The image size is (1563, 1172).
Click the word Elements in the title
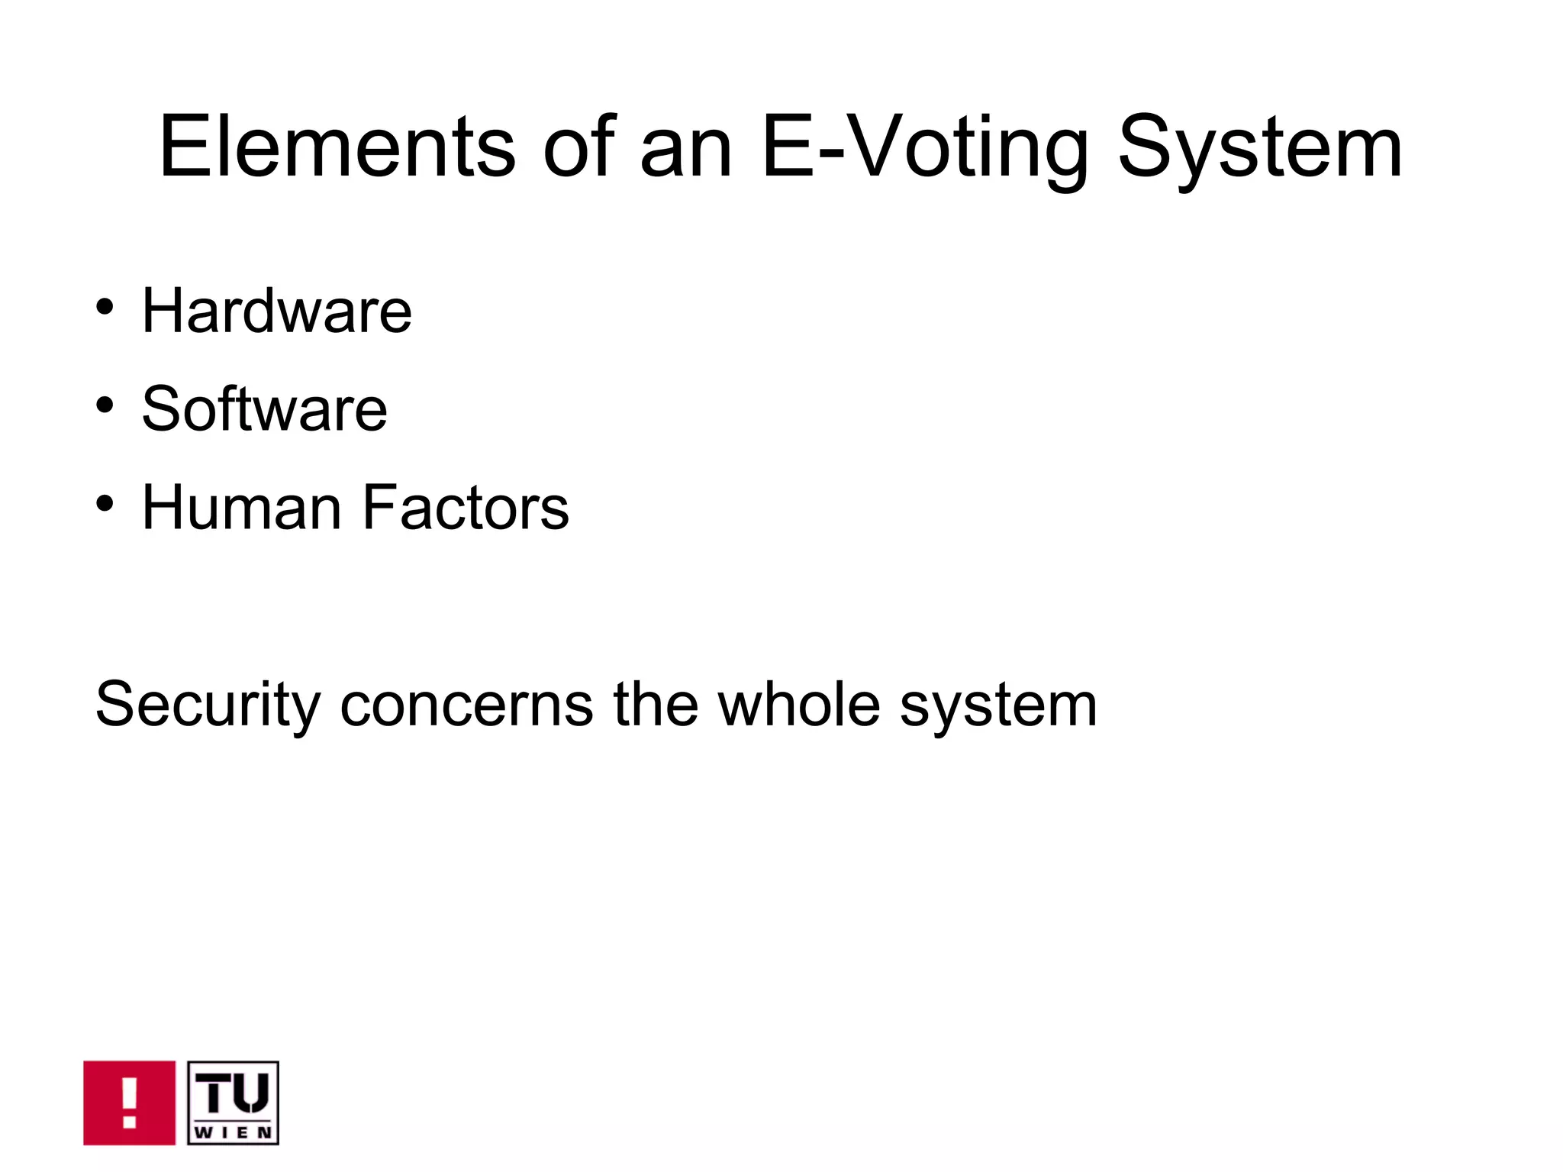point(337,147)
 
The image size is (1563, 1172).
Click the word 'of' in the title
point(578,147)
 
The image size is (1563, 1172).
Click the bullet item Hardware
point(276,311)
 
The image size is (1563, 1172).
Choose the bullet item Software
point(264,409)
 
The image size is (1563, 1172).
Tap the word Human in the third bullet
point(241,508)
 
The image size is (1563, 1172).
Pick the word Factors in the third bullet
point(465,508)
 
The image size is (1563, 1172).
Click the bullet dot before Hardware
point(105,308)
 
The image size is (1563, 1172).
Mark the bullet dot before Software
point(105,405)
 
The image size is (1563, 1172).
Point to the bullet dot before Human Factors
point(105,504)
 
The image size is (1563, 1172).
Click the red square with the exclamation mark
point(129,1103)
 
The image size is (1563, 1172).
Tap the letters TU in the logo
point(233,1093)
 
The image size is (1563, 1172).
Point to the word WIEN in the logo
point(233,1132)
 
